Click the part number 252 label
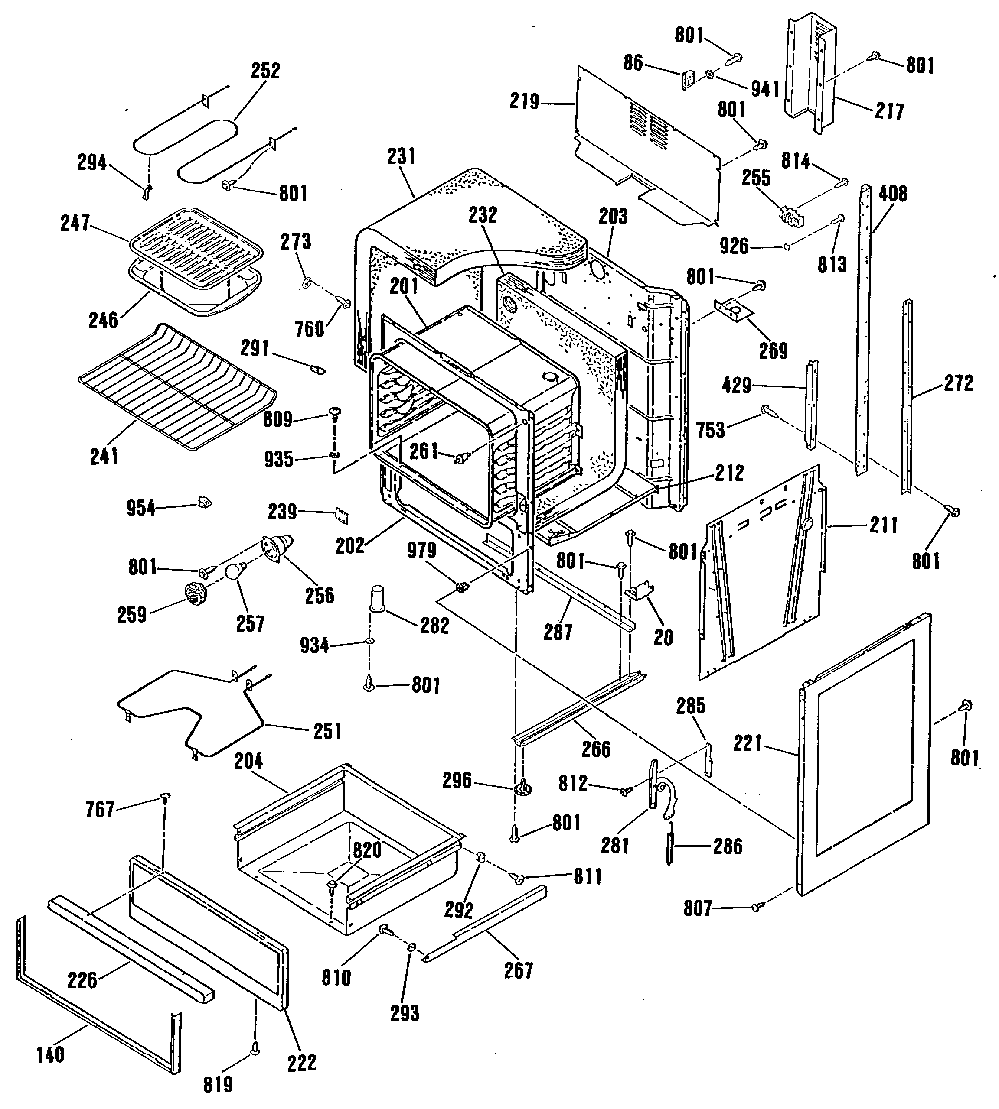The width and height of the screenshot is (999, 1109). click(x=266, y=71)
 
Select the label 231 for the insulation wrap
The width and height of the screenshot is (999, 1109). click(x=401, y=156)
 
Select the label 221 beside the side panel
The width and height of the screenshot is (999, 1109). click(x=748, y=744)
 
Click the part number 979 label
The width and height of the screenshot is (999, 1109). click(x=421, y=550)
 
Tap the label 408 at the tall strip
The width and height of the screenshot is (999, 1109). click(x=893, y=193)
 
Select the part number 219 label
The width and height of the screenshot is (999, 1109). click(x=524, y=101)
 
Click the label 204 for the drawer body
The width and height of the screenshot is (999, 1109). click(x=248, y=761)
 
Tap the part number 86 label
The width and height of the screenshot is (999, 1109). click(x=633, y=63)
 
